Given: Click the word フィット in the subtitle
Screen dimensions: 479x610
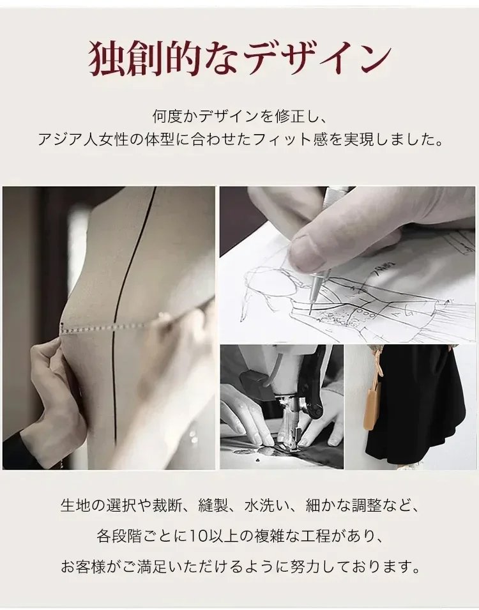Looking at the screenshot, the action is click(x=281, y=139).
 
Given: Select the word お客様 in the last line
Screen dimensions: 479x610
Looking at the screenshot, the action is click(x=83, y=567).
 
